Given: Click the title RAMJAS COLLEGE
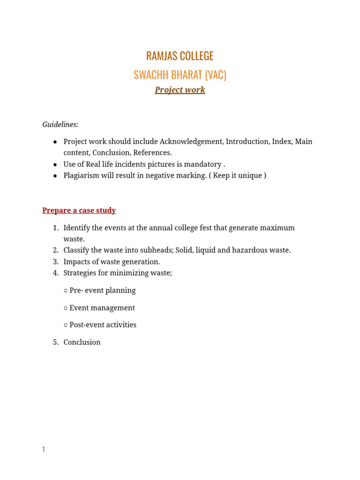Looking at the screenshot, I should coord(180,56).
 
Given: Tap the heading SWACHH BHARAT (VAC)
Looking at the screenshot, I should coord(180,75).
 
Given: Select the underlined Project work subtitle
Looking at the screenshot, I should coord(180,90).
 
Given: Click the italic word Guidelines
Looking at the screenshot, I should coord(60,125).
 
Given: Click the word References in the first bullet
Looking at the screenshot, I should coord(152,153).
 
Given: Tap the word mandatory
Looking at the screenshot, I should coord(201,165).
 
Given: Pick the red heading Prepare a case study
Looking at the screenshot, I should coord(79,210).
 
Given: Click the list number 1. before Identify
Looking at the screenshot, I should coord(55,228).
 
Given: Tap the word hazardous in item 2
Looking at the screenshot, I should coord(254,250).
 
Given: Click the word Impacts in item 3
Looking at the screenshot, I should coord(77,262).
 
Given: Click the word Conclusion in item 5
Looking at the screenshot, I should coord(82,342).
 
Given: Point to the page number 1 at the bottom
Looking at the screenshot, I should coord(44,450).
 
